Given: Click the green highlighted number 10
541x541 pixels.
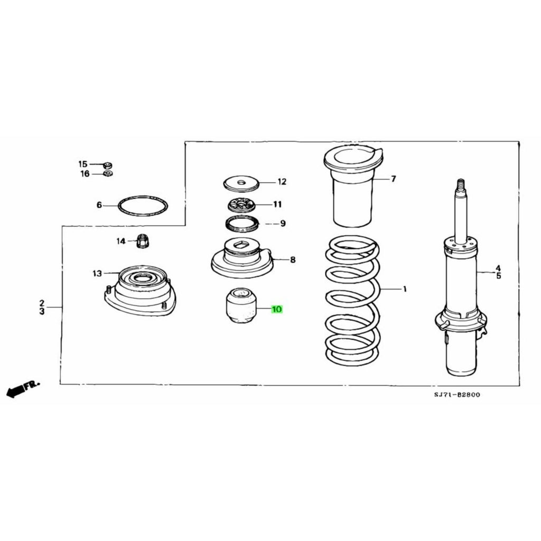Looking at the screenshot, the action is (x=277, y=309).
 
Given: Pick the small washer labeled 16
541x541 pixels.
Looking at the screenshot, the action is (x=108, y=173).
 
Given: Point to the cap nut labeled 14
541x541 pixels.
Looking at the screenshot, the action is (x=141, y=240).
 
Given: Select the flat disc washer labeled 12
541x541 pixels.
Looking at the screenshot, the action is (x=241, y=183).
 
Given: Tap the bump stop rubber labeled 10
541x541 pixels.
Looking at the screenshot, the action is (x=241, y=306).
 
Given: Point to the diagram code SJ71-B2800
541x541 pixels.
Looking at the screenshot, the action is (x=457, y=395).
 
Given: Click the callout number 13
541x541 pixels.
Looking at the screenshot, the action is (x=97, y=274).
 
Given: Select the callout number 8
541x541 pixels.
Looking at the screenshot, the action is (x=293, y=259).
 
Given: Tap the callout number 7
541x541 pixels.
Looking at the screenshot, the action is (x=393, y=179).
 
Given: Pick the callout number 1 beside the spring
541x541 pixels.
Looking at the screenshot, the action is (x=405, y=289).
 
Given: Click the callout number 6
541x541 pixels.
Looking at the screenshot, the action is (x=99, y=206).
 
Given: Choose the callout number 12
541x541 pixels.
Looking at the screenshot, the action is (x=282, y=182).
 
